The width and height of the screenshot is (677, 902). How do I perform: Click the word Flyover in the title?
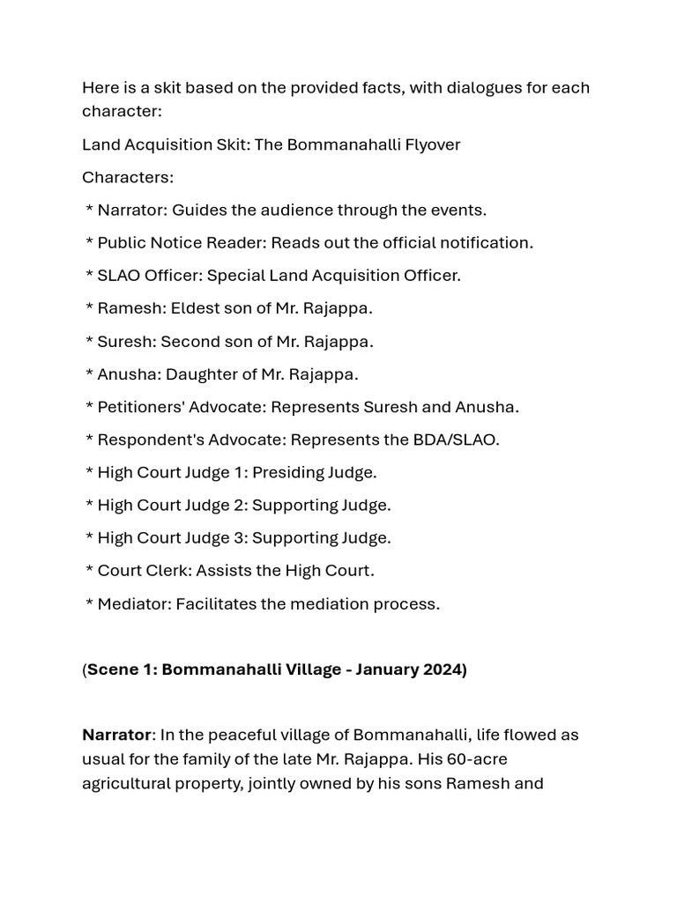click(430, 144)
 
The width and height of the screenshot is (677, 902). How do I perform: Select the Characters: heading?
click(128, 177)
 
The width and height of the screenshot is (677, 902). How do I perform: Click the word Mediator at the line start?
click(132, 604)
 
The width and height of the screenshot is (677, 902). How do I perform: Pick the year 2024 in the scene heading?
click(443, 669)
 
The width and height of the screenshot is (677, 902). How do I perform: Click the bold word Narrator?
click(116, 735)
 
